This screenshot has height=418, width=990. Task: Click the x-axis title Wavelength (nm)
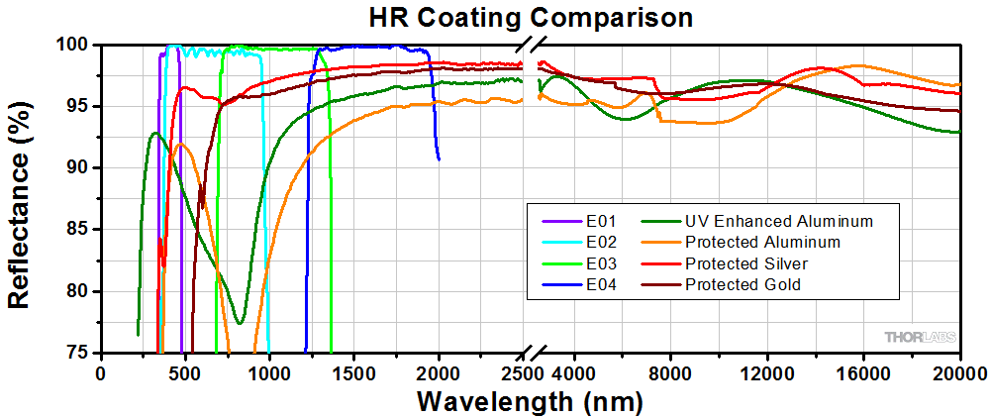click(x=530, y=402)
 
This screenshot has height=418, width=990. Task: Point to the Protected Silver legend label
click(x=745, y=263)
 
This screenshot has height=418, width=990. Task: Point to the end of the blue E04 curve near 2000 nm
click(x=439, y=158)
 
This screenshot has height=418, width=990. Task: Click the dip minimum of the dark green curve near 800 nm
click(x=240, y=323)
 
